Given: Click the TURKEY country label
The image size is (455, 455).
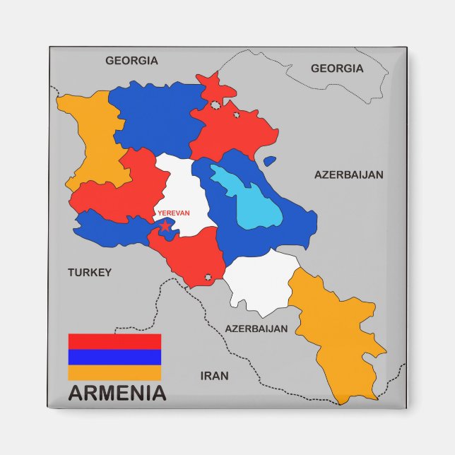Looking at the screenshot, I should tap(90, 272).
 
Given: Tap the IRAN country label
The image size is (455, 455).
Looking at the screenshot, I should tap(214, 376).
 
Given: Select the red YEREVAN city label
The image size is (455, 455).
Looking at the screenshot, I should tap(174, 213).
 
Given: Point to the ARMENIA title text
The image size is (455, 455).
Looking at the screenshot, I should tap(117, 394).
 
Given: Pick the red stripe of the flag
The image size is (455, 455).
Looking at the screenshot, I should tap(114, 341).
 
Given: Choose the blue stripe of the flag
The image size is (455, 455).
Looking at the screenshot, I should tap(114, 357).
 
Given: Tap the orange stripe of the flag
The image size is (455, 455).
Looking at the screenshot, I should tap(114, 372).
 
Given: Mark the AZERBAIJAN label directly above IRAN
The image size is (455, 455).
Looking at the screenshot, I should tap(256, 329).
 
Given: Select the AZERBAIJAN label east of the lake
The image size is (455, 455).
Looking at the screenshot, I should tap(349, 175).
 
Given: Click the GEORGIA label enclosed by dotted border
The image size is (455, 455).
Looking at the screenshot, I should tap(337, 69).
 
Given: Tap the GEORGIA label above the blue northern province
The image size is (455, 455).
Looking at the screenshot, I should tap(131, 61).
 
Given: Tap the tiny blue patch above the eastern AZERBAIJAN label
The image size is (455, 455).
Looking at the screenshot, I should tap(269, 161).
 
